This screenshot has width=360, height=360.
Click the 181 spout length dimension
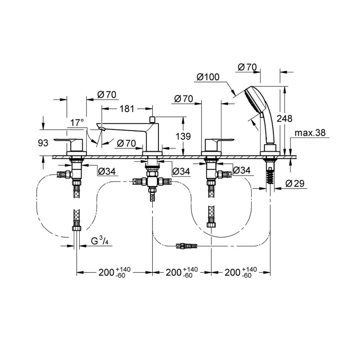point(127,109)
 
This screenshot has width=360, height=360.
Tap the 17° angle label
point(77,123)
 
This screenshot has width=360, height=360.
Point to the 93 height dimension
point(44,143)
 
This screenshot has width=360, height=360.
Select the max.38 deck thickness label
point(310,133)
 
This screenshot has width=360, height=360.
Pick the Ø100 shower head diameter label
point(208,77)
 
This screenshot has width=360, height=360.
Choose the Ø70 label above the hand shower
point(248,67)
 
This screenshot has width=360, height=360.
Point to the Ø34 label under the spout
point(181,170)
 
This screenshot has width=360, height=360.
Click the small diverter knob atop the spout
point(152,119)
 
